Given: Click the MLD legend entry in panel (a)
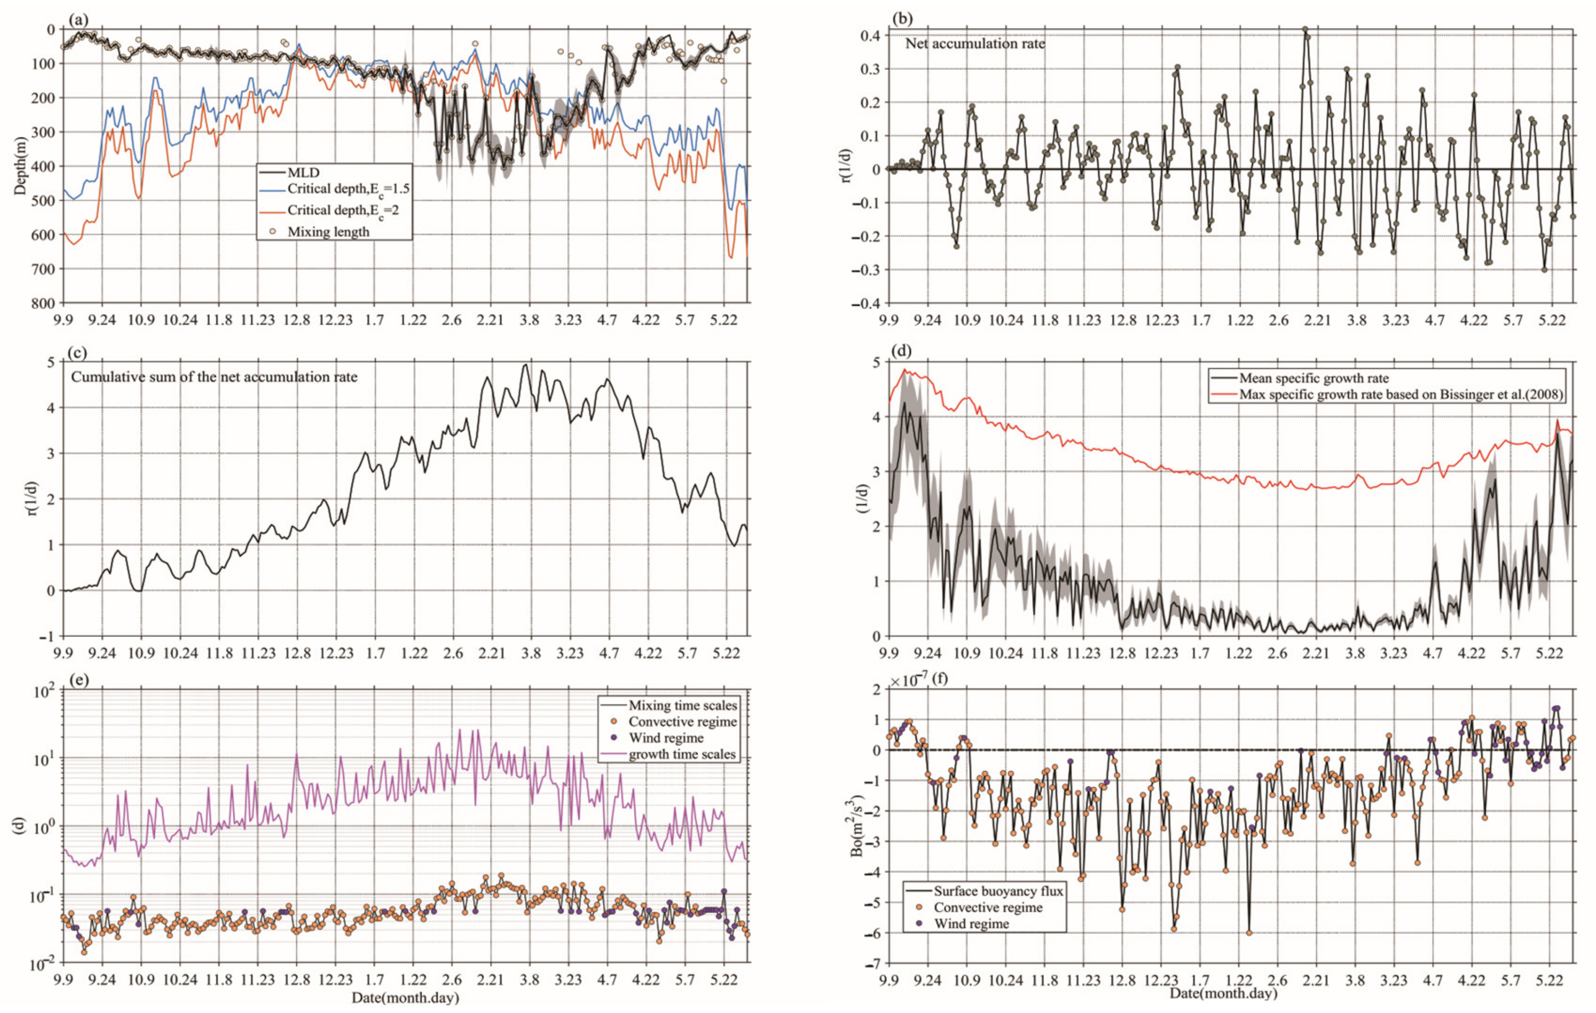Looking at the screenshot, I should click(x=303, y=172).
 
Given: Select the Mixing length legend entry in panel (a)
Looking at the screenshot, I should click(x=328, y=231).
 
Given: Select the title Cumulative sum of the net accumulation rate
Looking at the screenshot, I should click(x=214, y=377).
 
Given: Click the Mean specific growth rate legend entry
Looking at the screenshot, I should click(x=1314, y=379).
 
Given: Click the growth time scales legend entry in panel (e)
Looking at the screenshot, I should click(x=682, y=754).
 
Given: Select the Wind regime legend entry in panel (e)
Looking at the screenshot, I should click(x=665, y=738).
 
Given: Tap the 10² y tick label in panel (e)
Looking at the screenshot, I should click(x=43, y=691).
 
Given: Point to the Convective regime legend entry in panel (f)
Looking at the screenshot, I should click(x=988, y=908).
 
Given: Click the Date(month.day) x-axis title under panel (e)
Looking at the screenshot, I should click(x=405, y=997).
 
